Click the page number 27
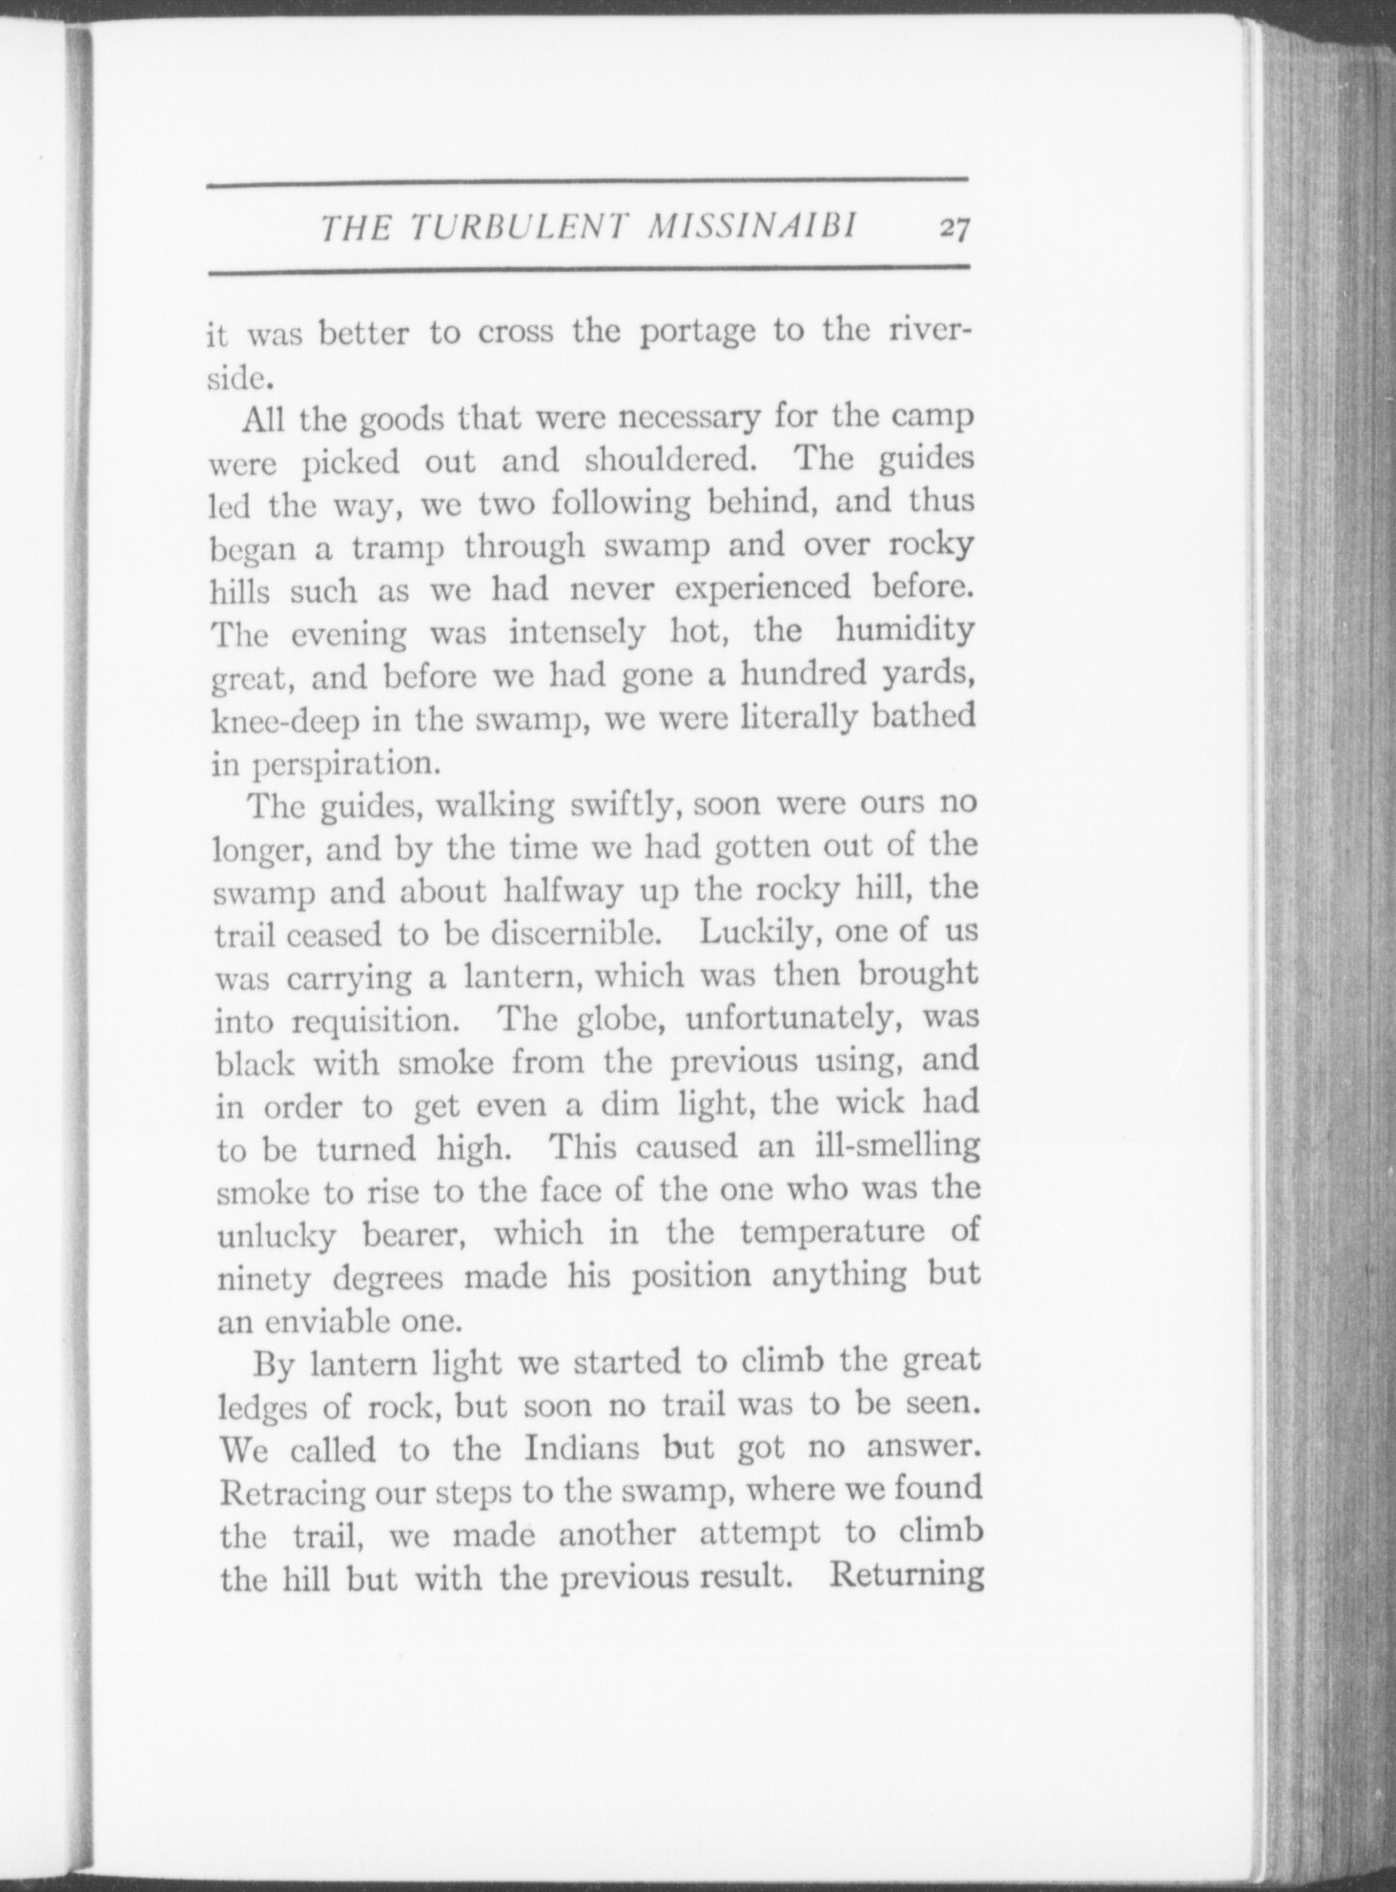point(954,228)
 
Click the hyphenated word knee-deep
point(285,721)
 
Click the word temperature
point(832,1232)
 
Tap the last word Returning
point(906,1574)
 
